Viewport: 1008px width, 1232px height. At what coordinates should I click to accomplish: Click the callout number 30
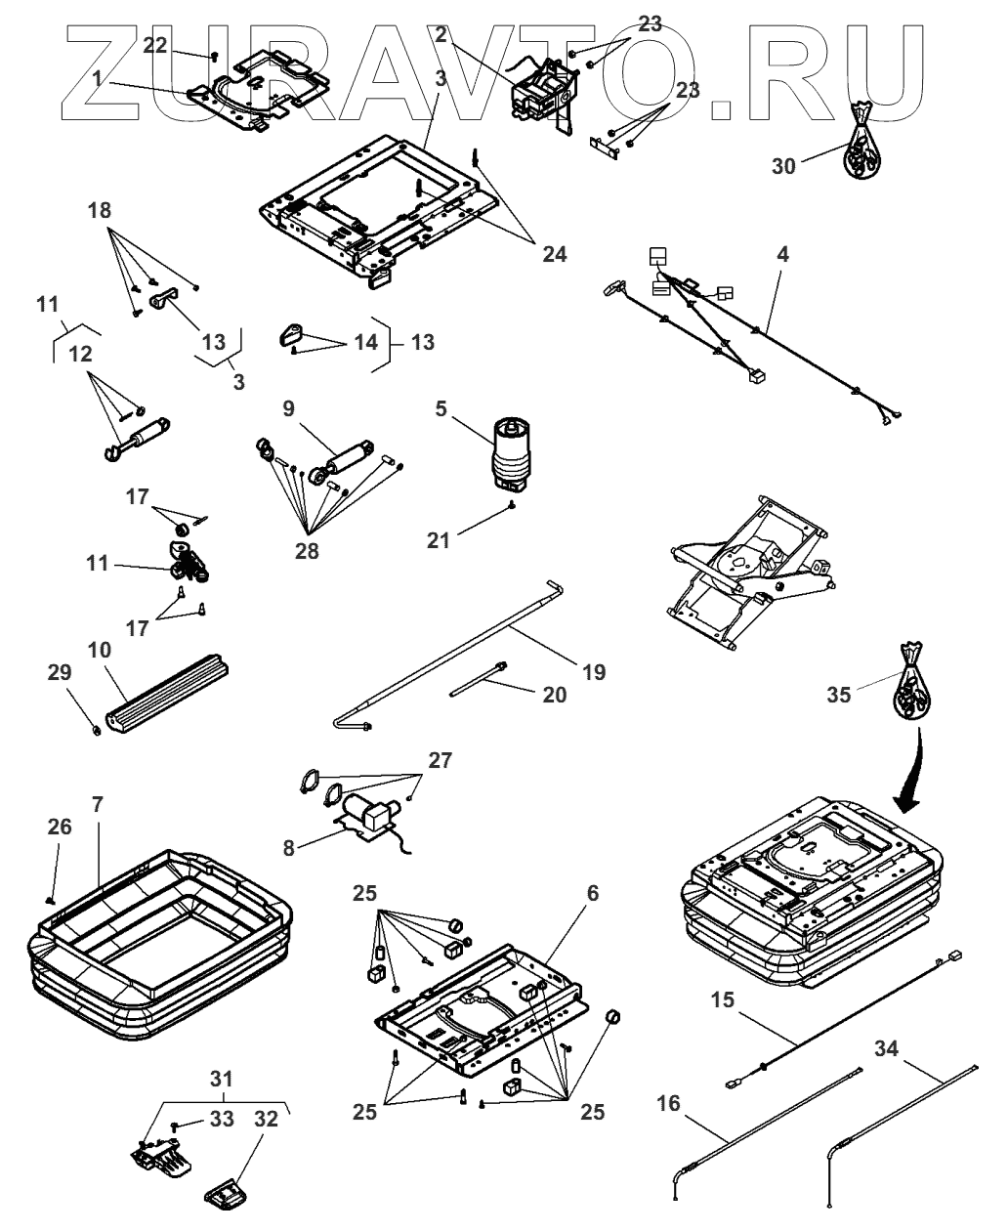[783, 166]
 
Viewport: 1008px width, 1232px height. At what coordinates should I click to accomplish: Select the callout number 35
[839, 695]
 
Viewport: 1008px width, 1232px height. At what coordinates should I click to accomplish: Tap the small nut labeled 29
[98, 728]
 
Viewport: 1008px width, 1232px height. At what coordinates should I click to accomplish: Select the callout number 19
[594, 672]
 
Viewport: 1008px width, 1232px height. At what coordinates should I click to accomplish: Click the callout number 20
[554, 694]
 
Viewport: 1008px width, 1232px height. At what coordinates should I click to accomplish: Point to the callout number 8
[289, 848]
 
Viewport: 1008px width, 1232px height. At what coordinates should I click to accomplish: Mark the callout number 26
[60, 828]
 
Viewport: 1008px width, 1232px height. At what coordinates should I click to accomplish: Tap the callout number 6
[620, 893]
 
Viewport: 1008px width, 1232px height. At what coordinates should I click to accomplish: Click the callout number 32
[267, 1119]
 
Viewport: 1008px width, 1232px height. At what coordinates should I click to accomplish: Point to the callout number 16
[668, 1104]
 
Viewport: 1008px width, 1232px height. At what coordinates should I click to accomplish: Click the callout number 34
[886, 1050]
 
